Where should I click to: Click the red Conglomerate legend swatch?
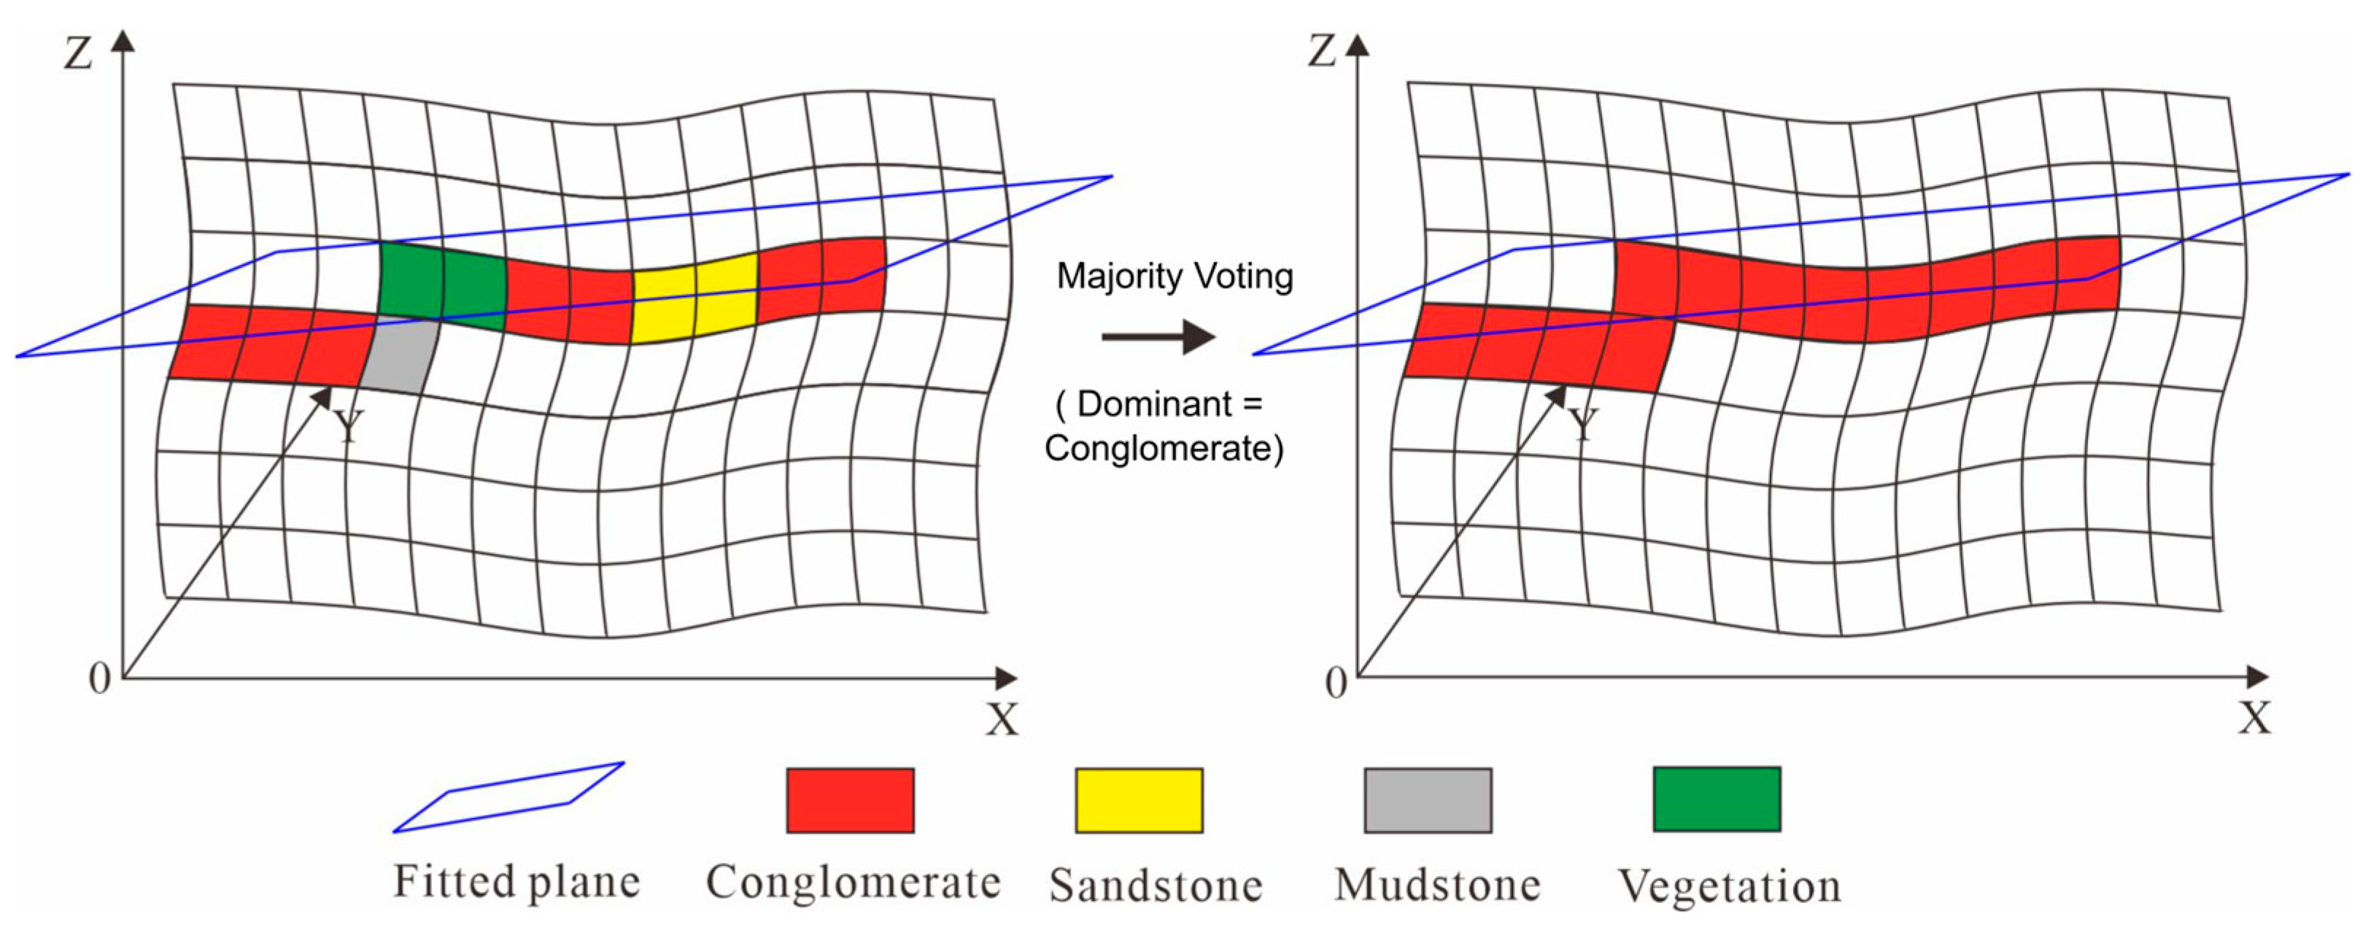[849, 800]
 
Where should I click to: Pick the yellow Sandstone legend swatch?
[1139, 800]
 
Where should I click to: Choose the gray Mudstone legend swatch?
[1428, 800]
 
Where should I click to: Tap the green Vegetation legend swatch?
[1717, 799]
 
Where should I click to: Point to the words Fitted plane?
[517, 881]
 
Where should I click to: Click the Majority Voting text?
[1175, 276]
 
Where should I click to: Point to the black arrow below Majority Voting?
[1158, 337]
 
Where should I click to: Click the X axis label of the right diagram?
[2255, 718]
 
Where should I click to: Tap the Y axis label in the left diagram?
[348, 427]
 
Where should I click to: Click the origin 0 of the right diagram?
[1336, 683]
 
